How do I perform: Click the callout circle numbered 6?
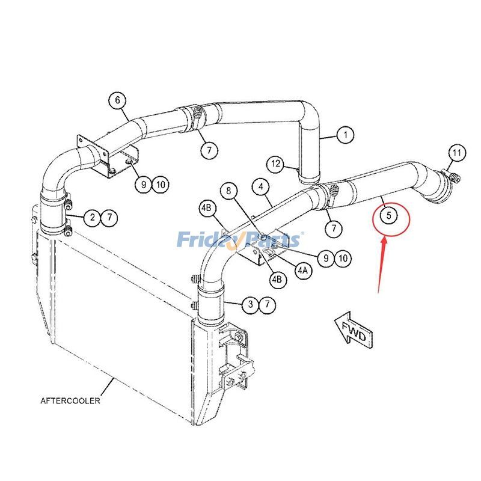pos(118,100)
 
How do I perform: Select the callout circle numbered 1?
pos(345,135)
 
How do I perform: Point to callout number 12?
pos(276,164)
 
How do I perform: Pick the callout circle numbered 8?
pos(228,192)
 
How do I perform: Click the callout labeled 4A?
pos(302,270)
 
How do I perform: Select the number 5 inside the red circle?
pos(389,214)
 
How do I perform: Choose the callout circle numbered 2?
pos(92,218)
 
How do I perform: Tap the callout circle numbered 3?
pos(250,305)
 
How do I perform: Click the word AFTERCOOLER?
pos(70,400)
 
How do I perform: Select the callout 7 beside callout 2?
pos(109,218)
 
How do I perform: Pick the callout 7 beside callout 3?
pos(267,305)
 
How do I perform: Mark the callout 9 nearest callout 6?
pos(143,185)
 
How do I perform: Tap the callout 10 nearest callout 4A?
pos(342,259)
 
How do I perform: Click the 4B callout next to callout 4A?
pos(277,279)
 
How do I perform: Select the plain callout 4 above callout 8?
pos(260,187)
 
